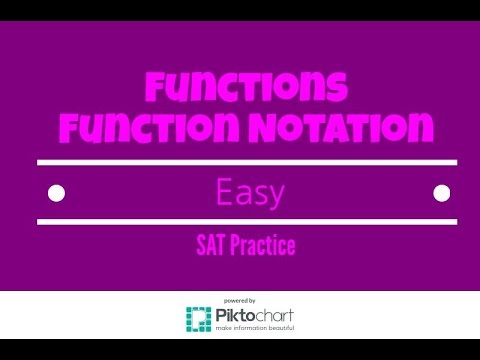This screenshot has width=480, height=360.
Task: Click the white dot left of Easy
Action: pos(57,191)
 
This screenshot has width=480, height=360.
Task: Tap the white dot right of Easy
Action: pos(437,191)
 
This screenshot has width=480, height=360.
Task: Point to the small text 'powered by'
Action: pos(240,300)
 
